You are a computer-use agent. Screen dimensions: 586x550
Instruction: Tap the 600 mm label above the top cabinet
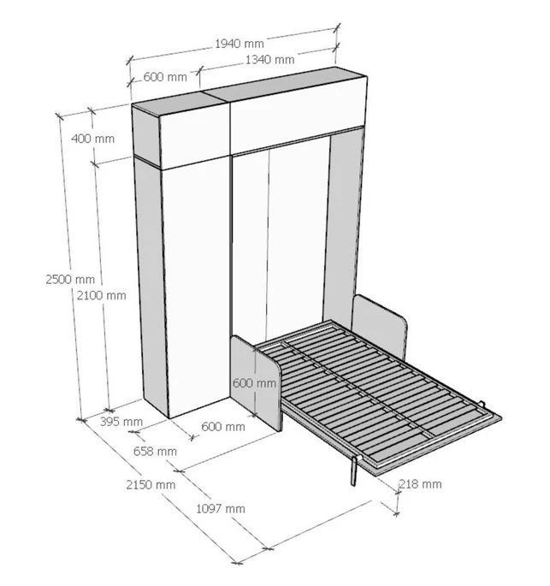tap(164, 77)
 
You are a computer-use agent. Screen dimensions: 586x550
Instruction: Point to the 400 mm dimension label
tap(92, 139)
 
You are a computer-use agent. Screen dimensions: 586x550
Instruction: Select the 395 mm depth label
tap(121, 421)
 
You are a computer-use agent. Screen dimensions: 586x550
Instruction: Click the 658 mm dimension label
tap(156, 451)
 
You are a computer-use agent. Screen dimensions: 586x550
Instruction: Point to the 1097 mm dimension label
tap(221, 508)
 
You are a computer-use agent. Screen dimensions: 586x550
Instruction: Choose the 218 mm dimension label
tap(420, 484)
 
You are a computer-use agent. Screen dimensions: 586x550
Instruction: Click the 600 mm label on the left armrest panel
tap(254, 383)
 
